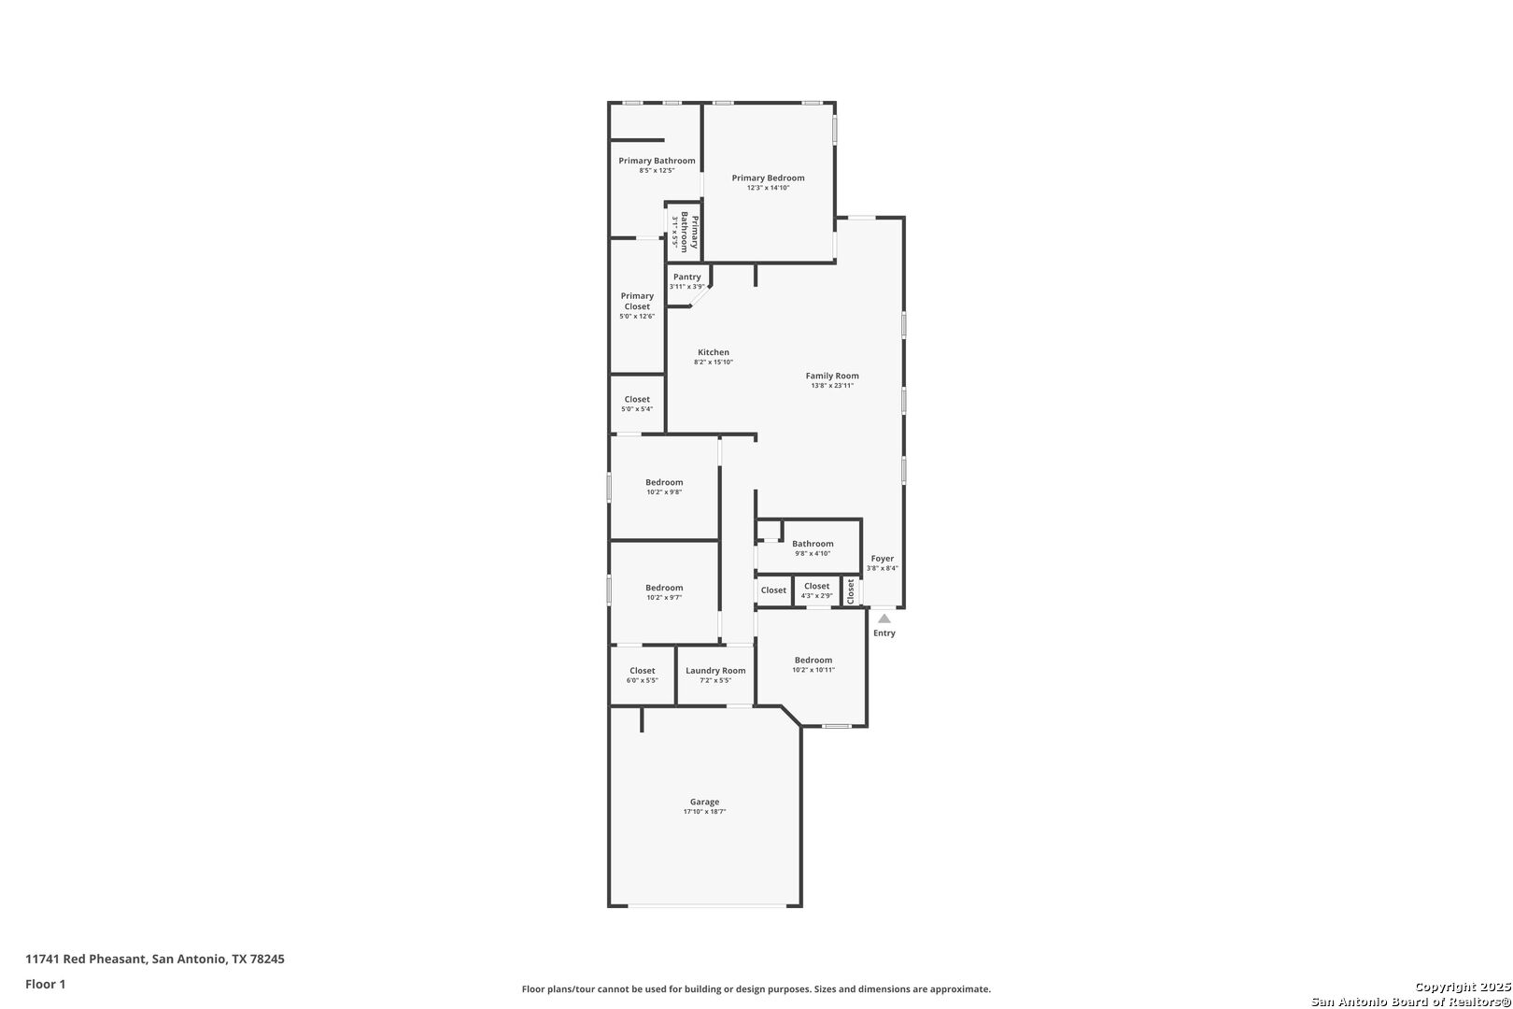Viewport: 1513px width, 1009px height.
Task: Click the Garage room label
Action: tap(704, 802)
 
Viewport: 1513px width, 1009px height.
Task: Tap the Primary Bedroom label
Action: tap(768, 178)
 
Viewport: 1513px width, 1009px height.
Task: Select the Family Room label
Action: tap(832, 376)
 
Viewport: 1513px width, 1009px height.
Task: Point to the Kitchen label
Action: tap(714, 352)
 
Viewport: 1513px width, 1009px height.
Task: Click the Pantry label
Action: tap(687, 277)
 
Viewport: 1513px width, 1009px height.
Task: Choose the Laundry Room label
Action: tap(715, 671)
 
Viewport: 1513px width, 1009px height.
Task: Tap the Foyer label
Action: tap(883, 559)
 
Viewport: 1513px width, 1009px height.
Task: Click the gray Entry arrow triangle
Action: tap(884, 618)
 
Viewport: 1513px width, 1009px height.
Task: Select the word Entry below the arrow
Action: tap(884, 633)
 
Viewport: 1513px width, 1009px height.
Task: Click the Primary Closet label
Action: tap(637, 301)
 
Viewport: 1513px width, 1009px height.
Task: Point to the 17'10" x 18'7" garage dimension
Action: tap(704, 812)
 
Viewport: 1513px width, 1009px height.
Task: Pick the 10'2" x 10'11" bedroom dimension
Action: tap(813, 670)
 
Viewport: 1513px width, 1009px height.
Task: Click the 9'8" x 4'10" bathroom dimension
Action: tap(813, 553)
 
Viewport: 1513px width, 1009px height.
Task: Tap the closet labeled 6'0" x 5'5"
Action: tap(642, 675)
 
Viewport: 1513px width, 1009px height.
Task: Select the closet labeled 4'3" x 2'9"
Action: tap(816, 590)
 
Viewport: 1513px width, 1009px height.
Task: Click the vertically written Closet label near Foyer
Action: tap(851, 591)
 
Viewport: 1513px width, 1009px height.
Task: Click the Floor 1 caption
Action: tap(45, 984)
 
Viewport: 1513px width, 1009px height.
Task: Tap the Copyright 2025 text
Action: tap(1463, 987)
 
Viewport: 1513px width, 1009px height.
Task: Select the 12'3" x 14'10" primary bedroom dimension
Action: tap(768, 188)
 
